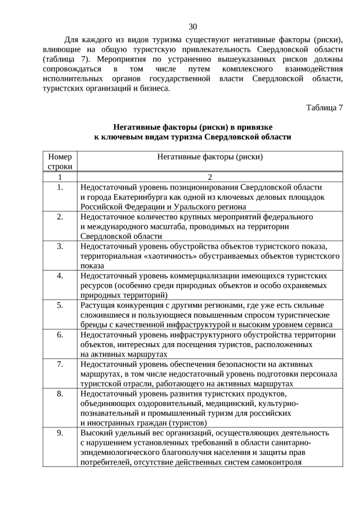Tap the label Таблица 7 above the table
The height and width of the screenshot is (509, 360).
[325, 107]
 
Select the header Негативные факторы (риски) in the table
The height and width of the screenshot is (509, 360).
[210, 157]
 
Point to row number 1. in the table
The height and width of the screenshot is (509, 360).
[60, 187]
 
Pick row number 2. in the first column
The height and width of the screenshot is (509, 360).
[60, 217]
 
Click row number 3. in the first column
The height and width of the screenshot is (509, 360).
[60, 246]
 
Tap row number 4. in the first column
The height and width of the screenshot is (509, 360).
[60, 276]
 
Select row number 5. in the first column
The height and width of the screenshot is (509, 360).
[60, 305]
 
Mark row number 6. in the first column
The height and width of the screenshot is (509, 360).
[60, 335]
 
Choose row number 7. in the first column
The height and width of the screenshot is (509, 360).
[60, 364]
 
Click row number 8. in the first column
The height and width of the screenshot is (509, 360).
[60, 394]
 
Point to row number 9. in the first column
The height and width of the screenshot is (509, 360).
[60, 433]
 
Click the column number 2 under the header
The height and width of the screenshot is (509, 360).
[210, 177]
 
